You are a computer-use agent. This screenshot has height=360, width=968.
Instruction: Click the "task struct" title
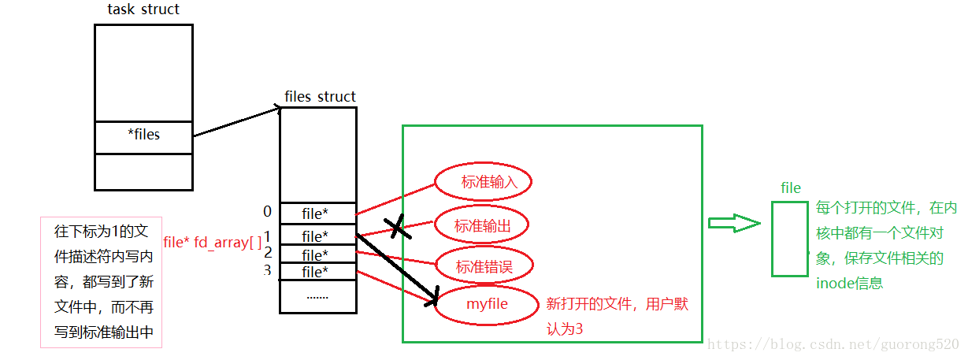click(x=143, y=9)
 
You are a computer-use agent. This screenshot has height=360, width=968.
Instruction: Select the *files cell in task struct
click(x=143, y=135)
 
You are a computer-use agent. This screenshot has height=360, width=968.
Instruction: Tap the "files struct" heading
click(x=320, y=97)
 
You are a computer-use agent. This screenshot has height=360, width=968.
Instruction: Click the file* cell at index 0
click(x=317, y=213)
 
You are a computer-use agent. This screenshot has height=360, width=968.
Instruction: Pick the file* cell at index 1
click(x=317, y=236)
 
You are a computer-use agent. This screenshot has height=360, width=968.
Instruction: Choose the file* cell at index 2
click(x=317, y=254)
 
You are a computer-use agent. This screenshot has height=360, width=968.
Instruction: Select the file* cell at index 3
click(x=317, y=272)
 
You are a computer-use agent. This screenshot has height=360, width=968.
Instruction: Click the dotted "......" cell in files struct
click(x=317, y=296)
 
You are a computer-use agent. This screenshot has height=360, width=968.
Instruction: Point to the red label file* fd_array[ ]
click(x=213, y=241)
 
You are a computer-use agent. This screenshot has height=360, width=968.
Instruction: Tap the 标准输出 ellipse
click(x=481, y=225)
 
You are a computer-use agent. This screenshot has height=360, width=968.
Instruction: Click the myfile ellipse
click(x=487, y=304)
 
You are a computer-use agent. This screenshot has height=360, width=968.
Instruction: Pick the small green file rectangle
click(x=789, y=239)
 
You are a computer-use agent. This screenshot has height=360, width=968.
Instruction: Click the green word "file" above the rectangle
click(x=791, y=187)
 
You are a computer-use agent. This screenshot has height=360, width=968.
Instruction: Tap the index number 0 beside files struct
click(x=267, y=211)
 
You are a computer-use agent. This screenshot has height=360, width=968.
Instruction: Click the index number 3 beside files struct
click(x=267, y=271)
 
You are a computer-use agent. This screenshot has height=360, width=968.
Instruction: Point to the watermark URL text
click(x=833, y=345)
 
